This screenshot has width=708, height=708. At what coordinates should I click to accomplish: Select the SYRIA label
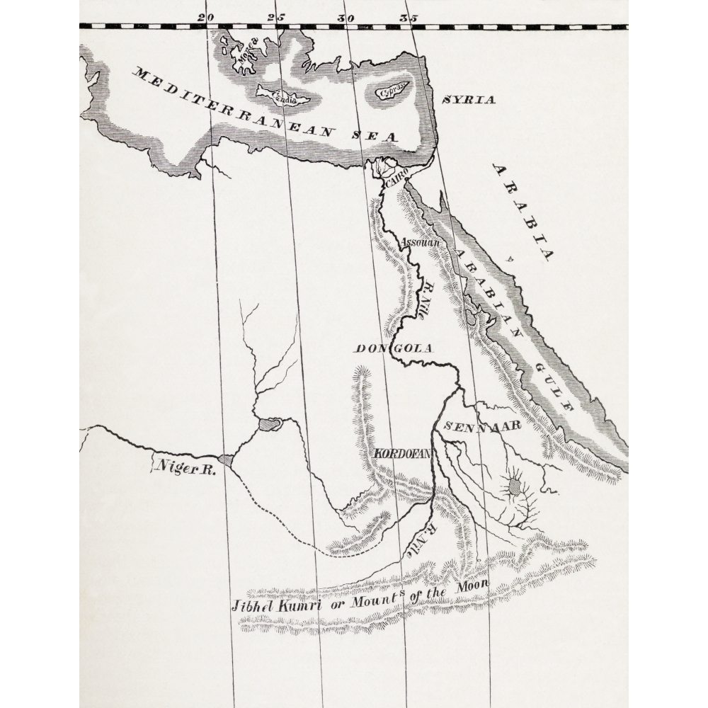[x=469, y=100]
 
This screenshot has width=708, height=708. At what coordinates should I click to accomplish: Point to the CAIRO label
[x=397, y=183]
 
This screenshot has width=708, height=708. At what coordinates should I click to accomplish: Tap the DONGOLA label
[x=393, y=348]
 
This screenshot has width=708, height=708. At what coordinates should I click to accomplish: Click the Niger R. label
[x=186, y=467]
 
